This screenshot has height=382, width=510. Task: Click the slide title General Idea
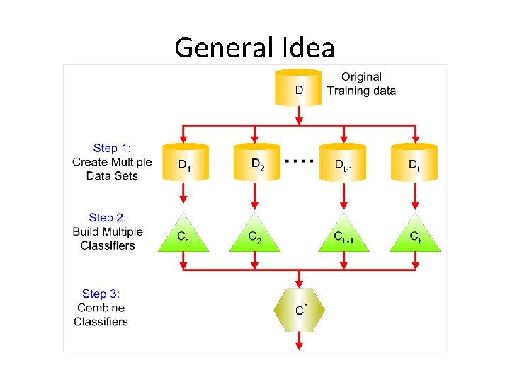click(254, 48)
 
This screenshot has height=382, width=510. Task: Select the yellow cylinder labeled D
click(299, 88)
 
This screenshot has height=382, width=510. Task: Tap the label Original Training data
click(361, 83)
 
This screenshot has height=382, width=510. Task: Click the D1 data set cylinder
click(184, 163)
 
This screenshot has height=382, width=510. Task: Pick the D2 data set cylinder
click(257, 163)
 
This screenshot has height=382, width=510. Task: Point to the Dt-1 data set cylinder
click(344, 163)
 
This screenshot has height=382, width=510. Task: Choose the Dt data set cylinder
click(414, 163)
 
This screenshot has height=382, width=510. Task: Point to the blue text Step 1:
click(112, 149)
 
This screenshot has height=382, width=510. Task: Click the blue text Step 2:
click(108, 218)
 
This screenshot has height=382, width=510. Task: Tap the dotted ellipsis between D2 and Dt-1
click(299, 161)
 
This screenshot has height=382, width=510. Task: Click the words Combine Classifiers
click(101, 315)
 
